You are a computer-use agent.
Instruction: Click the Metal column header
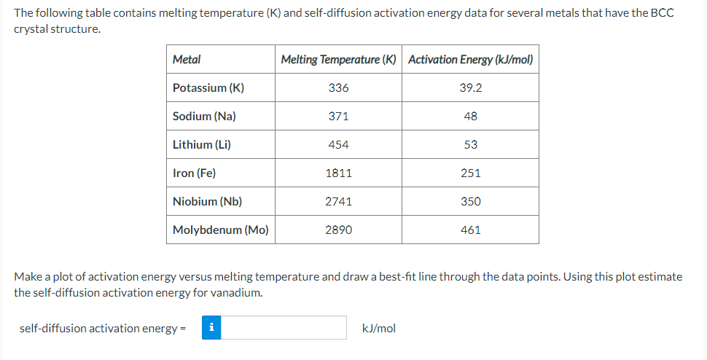pos(187,60)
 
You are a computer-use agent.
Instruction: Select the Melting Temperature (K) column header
pos(338,60)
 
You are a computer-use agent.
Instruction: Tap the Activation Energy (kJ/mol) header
pos(470,60)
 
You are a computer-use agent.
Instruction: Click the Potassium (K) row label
pos(208,88)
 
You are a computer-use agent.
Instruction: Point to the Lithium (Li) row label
pos(201,145)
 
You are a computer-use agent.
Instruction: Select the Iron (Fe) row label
pos(194,173)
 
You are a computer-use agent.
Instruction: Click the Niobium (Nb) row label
pos(207,202)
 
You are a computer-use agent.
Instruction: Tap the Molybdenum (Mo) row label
pos(220,230)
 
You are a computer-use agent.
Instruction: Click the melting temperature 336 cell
pos(338,88)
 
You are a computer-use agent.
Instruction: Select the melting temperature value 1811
pos(338,173)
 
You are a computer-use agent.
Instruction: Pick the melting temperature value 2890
pos(338,230)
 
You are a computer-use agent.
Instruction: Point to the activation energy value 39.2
pos(470,88)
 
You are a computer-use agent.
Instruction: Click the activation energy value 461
pos(470,230)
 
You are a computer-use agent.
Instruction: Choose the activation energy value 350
pos(470,202)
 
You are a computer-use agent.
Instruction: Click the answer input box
pos(284,328)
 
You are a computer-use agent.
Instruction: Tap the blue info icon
pos(211,328)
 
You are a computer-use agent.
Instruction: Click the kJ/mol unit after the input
pos(379,329)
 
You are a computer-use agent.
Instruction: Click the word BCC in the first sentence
pos(663,14)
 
